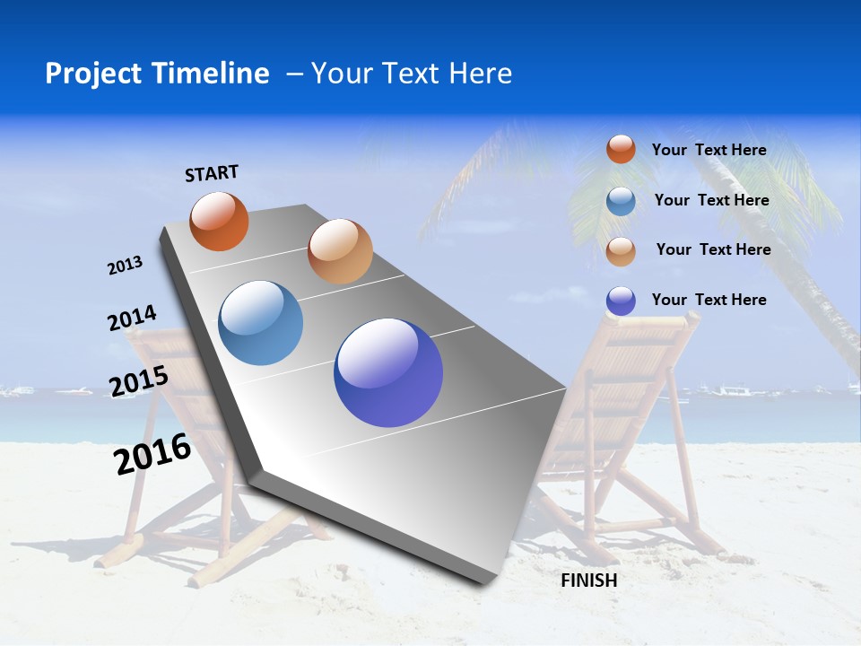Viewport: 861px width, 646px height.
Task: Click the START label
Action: [212, 173]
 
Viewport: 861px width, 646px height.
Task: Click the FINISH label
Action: [589, 581]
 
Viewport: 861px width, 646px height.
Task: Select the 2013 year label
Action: [125, 266]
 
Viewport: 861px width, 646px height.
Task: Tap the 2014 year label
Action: [133, 319]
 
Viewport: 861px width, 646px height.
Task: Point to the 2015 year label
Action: [139, 380]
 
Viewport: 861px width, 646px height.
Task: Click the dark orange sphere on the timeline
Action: [220, 222]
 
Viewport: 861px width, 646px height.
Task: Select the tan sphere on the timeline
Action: [340, 251]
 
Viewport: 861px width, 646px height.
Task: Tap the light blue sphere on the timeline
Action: [261, 323]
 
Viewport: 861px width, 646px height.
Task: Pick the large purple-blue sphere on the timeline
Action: [388, 372]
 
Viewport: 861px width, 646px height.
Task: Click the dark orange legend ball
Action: [621, 149]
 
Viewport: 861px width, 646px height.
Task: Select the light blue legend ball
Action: [621, 201]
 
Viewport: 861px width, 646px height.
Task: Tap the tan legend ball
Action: [621, 251]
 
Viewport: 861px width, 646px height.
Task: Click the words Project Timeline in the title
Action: [157, 74]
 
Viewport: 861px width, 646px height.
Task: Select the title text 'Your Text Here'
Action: [412, 74]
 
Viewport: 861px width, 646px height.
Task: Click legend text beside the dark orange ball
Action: [709, 150]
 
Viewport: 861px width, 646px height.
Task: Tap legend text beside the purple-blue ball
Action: [709, 300]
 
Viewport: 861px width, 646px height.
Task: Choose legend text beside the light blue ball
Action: [711, 200]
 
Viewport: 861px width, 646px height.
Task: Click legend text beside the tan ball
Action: [713, 249]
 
